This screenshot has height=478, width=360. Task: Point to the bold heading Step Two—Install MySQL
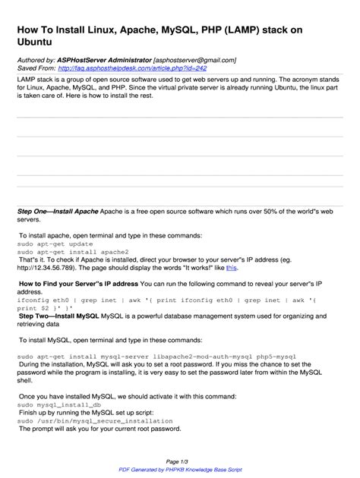[x=59, y=315]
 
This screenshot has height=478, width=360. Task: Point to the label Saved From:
[x=36, y=68]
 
